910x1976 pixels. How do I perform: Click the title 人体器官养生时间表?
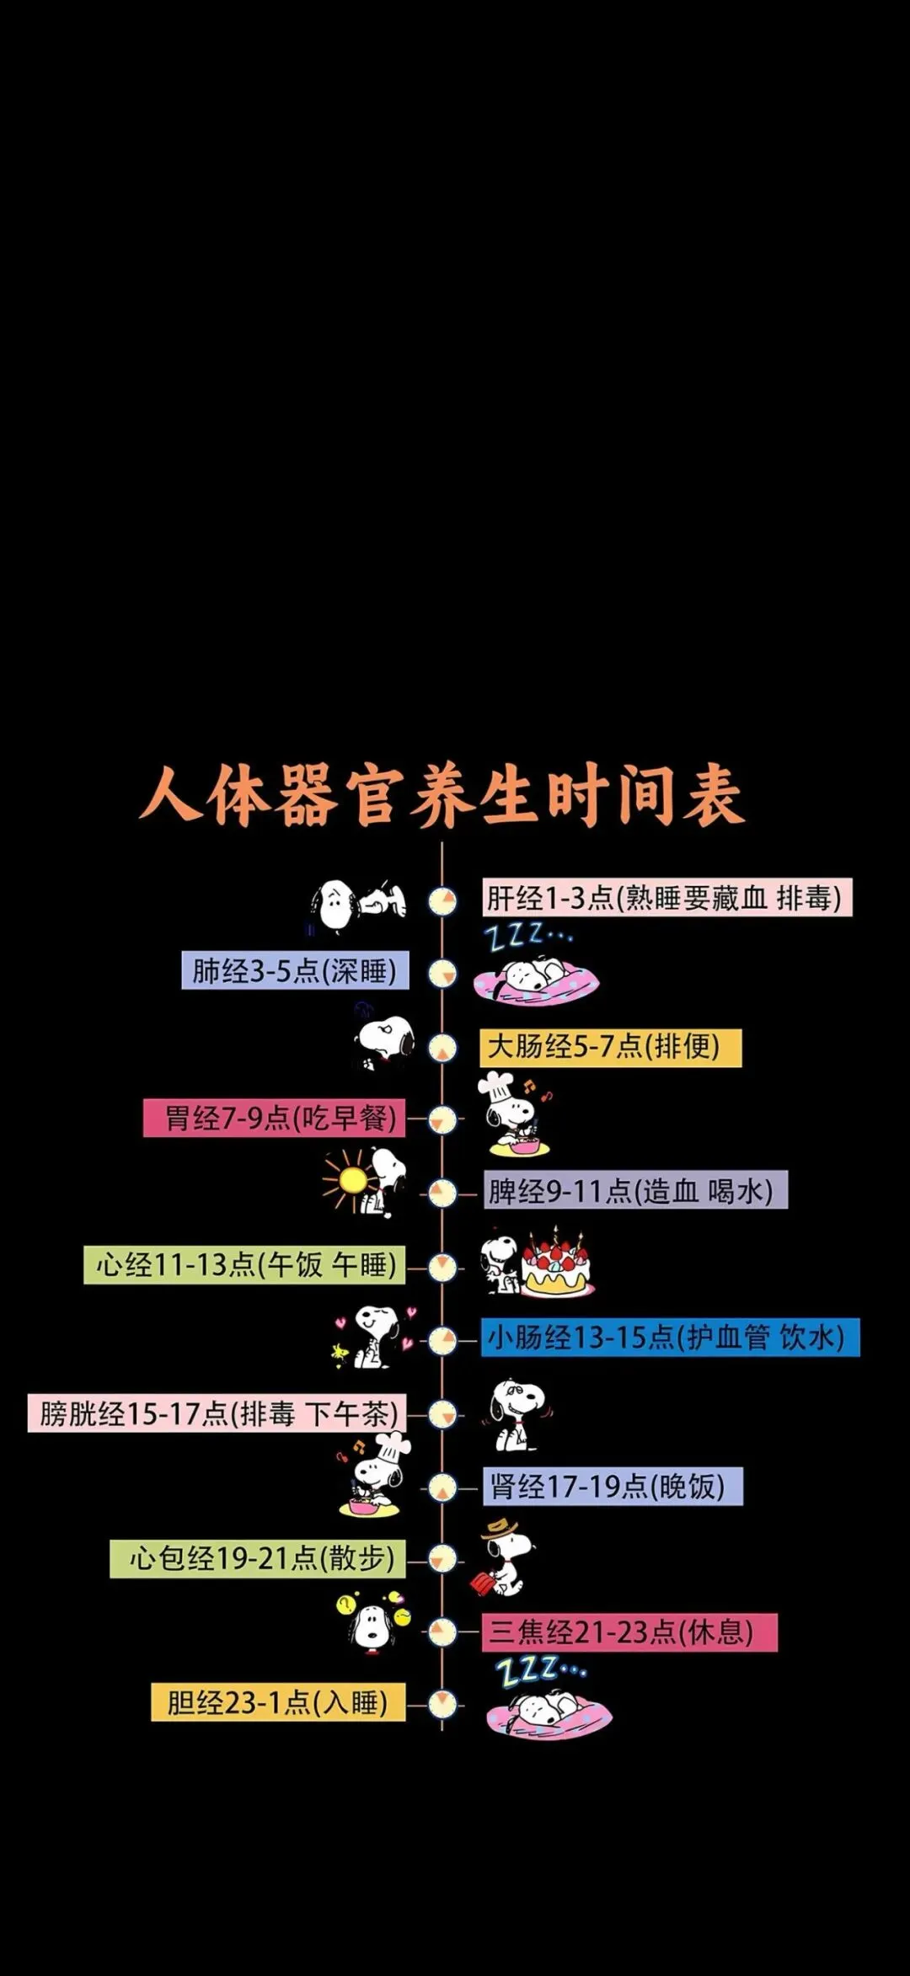pos(442,796)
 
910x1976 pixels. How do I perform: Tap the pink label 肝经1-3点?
pos(666,898)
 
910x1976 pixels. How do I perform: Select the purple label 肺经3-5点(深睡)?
pos(295,970)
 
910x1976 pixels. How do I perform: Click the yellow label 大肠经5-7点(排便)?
pos(610,1047)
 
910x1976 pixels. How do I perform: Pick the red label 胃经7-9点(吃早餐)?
pos(275,1119)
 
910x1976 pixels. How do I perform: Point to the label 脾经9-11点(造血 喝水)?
pos(635,1190)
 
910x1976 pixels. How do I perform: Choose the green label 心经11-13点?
pos(244,1264)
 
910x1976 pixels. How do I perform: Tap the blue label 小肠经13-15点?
pos(670,1338)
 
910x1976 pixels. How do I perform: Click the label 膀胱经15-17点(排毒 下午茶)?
pos(217,1413)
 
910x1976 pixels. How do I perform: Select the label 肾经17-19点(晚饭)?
pos(613,1486)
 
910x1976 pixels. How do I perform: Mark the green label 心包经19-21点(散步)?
pos(258,1558)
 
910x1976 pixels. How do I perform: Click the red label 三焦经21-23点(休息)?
pos(629,1632)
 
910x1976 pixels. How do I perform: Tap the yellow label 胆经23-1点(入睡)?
pos(278,1702)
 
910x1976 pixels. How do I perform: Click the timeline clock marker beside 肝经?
pos(442,901)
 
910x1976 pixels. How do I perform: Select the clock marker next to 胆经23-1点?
pos(442,1704)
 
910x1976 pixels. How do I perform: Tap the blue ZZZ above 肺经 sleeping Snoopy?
pos(527,935)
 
